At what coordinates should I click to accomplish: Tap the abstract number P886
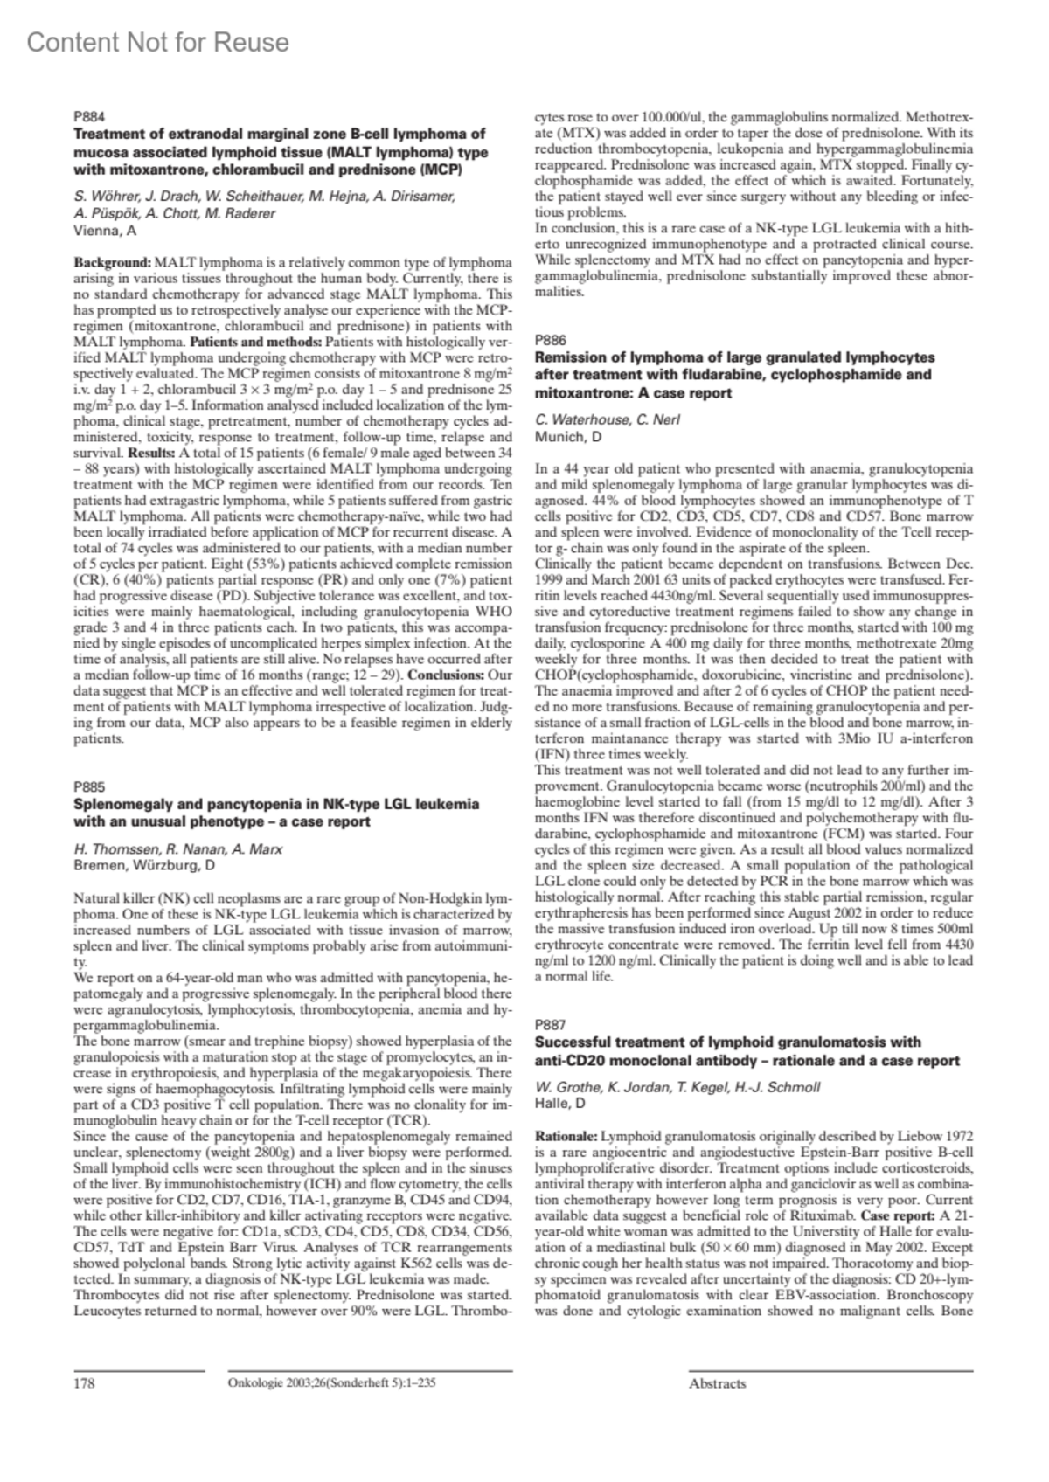pyautogui.click(x=550, y=340)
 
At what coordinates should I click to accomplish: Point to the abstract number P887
pyautogui.click(x=550, y=1024)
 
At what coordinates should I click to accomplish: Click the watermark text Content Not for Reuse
pyautogui.click(x=158, y=42)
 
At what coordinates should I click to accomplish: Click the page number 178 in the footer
pyautogui.click(x=85, y=1383)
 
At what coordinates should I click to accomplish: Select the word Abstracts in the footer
pyautogui.click(x=717, y=1383)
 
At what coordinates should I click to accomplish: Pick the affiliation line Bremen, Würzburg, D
pyautogui.click(x=144, y=866)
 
